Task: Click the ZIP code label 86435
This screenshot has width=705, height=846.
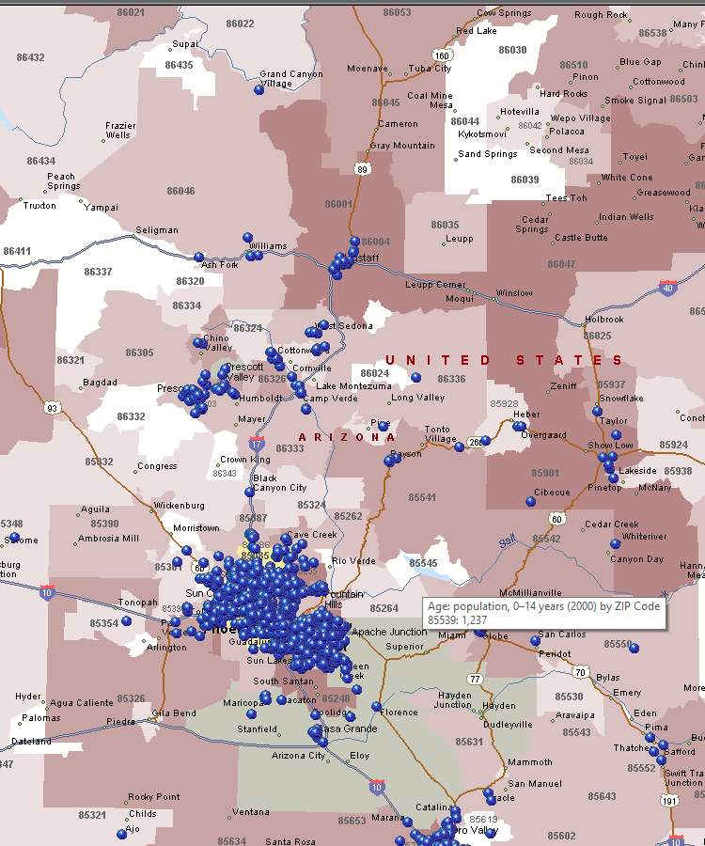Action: click(179, 65)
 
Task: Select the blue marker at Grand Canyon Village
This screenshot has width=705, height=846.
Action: click(259, 90)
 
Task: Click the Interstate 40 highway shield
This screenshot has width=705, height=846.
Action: click(667, 287)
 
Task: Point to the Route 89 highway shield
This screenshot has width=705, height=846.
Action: click(362, 168)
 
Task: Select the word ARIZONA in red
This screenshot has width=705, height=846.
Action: click(347, 437)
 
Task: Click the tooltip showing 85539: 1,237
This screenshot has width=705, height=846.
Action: click(544, 614)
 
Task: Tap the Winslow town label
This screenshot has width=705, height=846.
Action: click(514, 293)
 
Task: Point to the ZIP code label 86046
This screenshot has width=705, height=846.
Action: click(180, 191)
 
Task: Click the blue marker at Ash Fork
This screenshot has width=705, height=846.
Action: click(198, 257)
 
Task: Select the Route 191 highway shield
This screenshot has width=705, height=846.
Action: click(668, 800)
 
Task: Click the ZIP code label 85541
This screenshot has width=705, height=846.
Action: click(422, 497)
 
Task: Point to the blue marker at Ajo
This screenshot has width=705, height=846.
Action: click(122, 834)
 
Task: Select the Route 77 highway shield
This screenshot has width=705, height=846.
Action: click(476, 678)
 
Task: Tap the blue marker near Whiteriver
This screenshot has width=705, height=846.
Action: click(616, 543)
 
